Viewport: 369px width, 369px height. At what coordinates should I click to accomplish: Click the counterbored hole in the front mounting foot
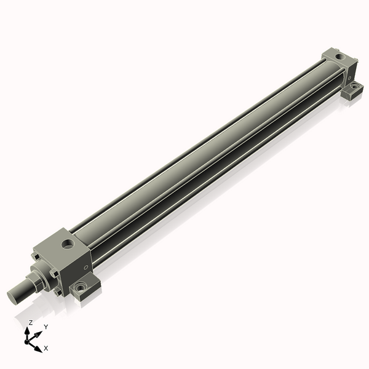[x=80, y=287]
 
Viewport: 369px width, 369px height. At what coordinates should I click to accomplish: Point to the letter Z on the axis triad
[x=30, y=322]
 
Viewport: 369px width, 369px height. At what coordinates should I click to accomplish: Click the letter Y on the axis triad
[x=46, y=327]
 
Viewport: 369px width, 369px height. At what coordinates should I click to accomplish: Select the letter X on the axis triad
[x=46, y=348]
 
